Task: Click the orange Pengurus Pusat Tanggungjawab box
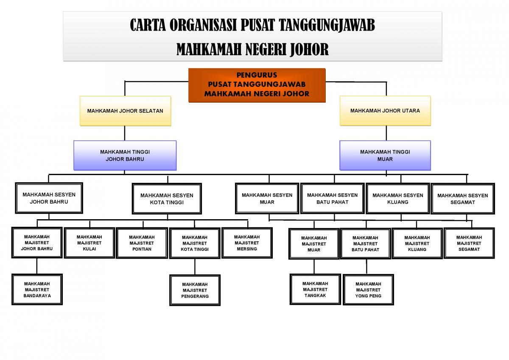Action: tap(257, 85)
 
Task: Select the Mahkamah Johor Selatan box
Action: tap(125, 111)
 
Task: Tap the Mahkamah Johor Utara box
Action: tap(385, 111)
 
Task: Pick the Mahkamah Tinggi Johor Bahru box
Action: tap(125, 155)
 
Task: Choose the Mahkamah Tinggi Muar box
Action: tap(385, 155)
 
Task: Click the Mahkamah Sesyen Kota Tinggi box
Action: tap(167, 199)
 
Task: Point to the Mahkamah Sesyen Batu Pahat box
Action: tap(333, 198)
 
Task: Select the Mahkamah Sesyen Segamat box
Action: tap(463, 199)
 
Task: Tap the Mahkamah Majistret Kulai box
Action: tap(89, 243)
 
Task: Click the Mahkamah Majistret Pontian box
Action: tap(142, 243)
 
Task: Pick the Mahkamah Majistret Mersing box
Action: tap(247, 243)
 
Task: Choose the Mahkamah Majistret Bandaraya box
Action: tap(37, 290)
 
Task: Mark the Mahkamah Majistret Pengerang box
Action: tap(195, 290)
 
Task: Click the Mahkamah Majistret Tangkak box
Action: tap(315, 289)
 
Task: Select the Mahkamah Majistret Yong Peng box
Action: tap(368, 290)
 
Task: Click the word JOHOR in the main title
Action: tap(309, 50)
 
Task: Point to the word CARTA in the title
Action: tap(148, 25)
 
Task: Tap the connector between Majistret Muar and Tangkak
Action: tap(314, 266)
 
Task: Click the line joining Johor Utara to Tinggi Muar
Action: tap(386, 133)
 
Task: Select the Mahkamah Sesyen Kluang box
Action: tap(398, 198)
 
